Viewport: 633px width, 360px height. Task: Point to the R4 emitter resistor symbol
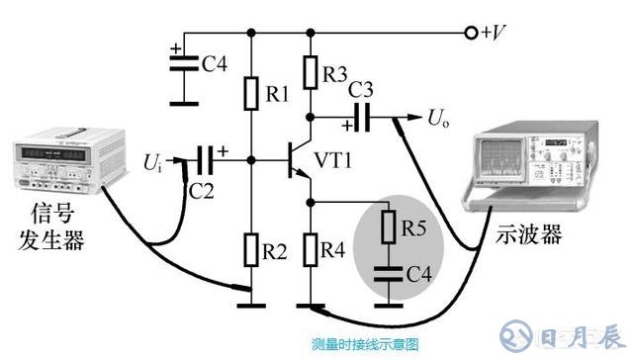(312, 249)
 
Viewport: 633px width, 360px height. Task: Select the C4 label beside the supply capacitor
(215, 65)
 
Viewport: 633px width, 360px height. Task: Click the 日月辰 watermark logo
(573, 333)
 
